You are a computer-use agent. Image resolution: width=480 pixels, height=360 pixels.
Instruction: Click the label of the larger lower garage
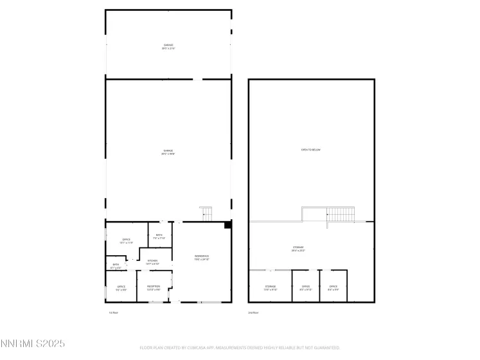tap(168, 152)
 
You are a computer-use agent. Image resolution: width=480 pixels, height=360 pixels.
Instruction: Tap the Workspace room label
tap(202, 258)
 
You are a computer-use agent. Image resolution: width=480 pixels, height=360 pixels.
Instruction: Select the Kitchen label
tap(153, 262)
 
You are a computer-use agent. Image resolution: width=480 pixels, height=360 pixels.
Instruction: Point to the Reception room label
tap(154, 287)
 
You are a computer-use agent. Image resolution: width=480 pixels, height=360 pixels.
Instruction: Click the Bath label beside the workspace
tap(159, 237)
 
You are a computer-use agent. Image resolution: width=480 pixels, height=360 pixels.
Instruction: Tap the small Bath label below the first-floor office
tap(116, 265)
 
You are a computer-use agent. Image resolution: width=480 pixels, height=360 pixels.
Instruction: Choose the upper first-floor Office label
tap(126, 241)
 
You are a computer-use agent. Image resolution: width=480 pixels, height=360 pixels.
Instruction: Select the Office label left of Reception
tap(121, 287)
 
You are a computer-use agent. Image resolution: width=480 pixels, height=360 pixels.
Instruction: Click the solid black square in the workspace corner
tap(227, 226)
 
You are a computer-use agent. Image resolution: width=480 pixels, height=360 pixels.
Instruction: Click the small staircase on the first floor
tap(206, 213)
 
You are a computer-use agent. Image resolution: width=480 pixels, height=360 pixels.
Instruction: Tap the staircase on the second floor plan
tap(341, 213)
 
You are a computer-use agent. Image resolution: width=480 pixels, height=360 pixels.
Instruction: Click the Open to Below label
tap(311, 150)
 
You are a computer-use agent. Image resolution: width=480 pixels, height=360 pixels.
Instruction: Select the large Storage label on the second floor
tap(298, 249)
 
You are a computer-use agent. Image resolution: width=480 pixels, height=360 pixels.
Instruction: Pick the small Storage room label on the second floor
tap(271, 287)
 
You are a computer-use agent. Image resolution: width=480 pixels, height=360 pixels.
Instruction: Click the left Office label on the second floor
tap(306, 287)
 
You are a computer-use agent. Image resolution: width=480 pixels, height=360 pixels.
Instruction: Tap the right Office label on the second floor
tap(333, 287)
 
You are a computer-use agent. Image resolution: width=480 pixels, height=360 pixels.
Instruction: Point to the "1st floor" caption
tap(113, 312)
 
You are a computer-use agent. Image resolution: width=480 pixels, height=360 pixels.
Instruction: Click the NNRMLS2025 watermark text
tap(33, 345)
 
